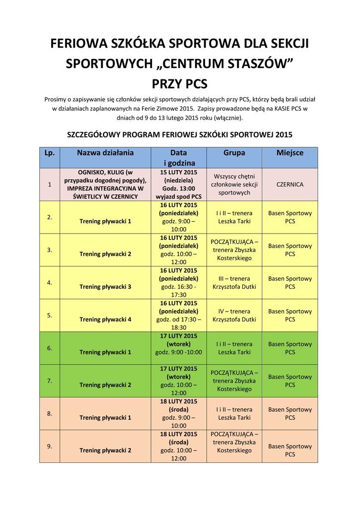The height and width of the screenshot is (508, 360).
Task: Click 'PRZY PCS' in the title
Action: point(179,83)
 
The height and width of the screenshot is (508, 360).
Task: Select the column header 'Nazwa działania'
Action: point(105,153)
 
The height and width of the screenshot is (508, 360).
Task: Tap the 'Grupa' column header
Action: point(234,153)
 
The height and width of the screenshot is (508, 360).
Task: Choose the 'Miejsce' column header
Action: point(290,153)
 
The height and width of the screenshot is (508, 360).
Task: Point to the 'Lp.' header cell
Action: point(50,153)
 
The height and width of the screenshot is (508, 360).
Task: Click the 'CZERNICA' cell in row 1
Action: point(290,184)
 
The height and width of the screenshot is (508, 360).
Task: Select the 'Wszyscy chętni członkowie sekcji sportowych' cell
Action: point(234,184)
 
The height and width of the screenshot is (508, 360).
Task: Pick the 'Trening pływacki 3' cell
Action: point(105,287)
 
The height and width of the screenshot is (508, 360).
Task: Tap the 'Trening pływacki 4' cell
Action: point(105,319)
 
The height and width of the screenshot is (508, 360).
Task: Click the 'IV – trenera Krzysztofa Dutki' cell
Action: point(234,316)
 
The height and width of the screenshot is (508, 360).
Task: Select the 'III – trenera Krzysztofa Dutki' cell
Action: point(234,283)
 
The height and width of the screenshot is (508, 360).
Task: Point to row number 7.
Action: point(50,381)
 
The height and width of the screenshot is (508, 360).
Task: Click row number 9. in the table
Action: point(50,446)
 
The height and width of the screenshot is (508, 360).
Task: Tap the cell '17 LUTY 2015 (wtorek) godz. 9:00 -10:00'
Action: point(179,344)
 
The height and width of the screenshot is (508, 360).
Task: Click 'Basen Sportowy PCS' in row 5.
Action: point(290,316)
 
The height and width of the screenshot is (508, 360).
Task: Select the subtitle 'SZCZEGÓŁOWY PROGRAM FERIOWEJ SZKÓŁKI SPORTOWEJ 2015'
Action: point(179,134)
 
